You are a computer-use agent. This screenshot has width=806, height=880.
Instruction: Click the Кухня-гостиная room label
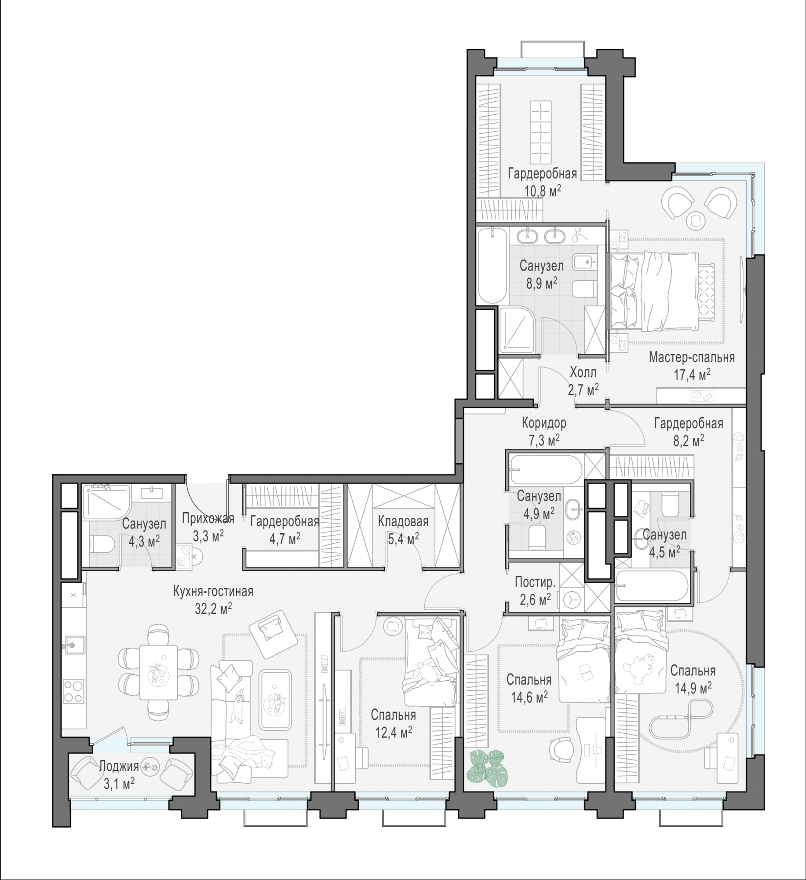tap(213, 591)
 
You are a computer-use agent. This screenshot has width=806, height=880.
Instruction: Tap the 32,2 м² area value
tap(213, 609)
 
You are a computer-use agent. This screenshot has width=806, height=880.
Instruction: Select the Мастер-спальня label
tap(692, 357)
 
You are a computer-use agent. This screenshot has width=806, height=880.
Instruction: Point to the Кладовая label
tap(403, 522)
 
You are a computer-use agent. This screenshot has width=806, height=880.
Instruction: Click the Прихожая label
tap(208, 519)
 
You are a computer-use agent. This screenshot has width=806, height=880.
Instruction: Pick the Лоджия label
tap(119, 766)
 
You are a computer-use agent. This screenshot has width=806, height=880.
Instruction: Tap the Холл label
tap(583, 373)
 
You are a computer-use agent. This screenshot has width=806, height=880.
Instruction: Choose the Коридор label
tap(544, 423)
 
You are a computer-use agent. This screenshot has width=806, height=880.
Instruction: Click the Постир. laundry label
tap(535, 583)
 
